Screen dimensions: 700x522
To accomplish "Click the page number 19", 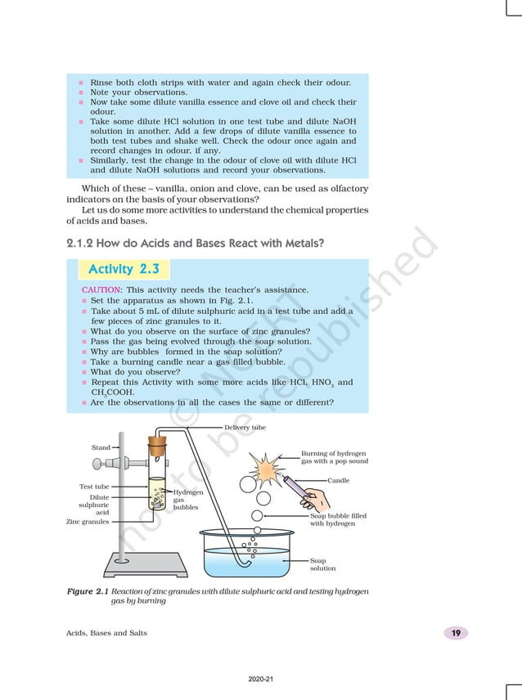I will (455, 633).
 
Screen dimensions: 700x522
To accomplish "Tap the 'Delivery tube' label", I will (245, 427).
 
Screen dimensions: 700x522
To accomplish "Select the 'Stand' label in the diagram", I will (101, 447).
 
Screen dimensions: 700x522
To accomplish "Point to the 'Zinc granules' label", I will (88, 521).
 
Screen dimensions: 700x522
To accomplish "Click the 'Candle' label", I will (338, 480).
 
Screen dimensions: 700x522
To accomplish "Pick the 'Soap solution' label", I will (322, 564).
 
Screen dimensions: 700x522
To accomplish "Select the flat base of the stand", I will (146, 565).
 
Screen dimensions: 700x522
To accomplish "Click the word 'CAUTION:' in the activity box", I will (102, 290).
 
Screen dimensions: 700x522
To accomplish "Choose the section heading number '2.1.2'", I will (83, 243).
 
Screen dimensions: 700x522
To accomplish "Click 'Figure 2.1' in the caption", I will (87, 590).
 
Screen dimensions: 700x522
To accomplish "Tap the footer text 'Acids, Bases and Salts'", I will (106, 633).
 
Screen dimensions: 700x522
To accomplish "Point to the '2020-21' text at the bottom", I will (261, 679).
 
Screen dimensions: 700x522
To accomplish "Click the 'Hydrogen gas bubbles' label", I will (185, 500).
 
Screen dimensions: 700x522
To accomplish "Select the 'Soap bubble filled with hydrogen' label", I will (338, 519).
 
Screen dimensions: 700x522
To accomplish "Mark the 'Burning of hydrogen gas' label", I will (334, 457).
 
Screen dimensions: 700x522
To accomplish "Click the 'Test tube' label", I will (94, 487).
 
